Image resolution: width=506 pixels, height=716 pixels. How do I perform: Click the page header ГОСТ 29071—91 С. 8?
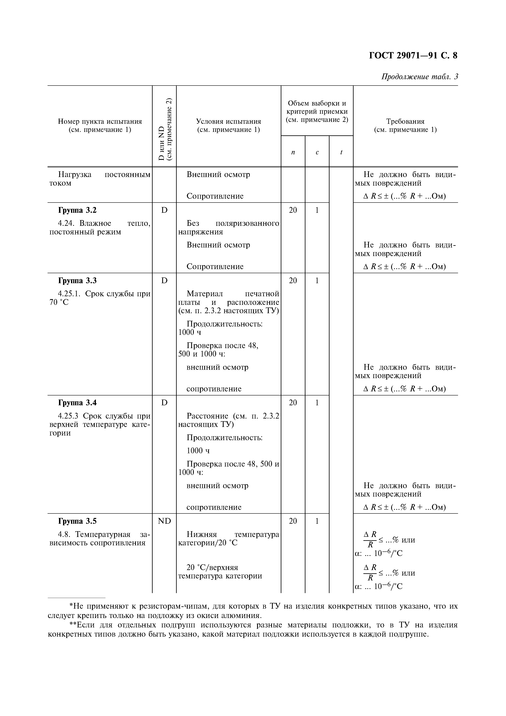click(413, 56)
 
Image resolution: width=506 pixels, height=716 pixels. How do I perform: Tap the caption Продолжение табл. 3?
click(419, 77)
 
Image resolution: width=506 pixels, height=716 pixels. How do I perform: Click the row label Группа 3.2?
click(77, 210)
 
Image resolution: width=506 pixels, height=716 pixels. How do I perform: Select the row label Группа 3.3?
click(77, 281)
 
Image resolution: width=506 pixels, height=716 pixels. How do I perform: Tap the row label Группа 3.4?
click(77, 403)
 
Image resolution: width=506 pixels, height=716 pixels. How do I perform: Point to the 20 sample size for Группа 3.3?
click(293, 281)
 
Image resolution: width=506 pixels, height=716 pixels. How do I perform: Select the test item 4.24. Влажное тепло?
click(100, 228)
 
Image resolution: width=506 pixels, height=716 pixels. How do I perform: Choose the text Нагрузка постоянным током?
click(100, 179)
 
